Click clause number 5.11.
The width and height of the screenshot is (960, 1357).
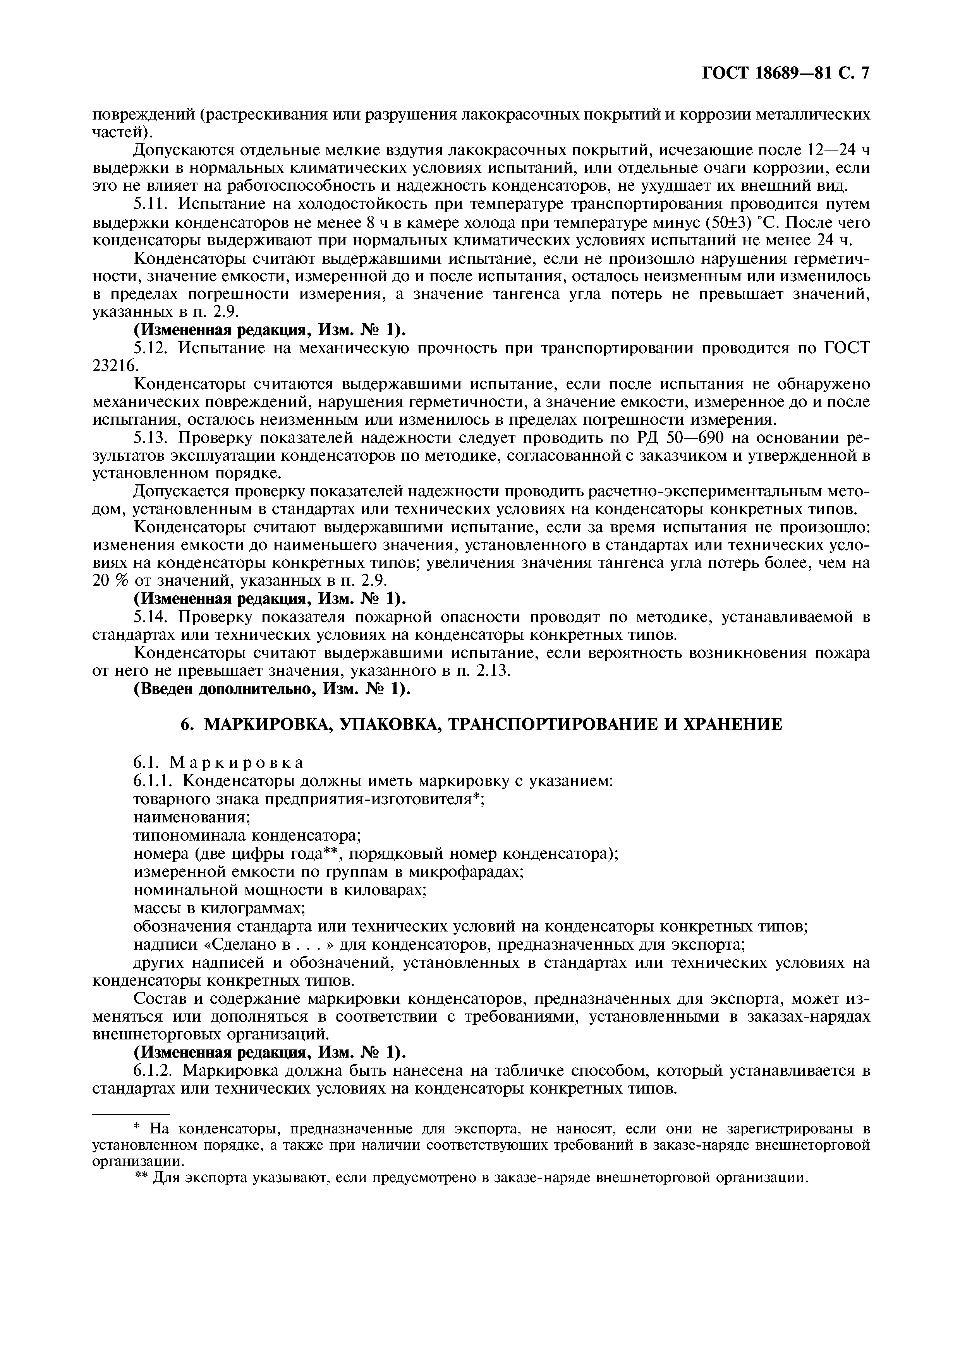[x=151, y=204]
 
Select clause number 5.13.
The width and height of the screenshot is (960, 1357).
[x=151, y=438]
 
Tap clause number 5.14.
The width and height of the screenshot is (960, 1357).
[x=151, y=617]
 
